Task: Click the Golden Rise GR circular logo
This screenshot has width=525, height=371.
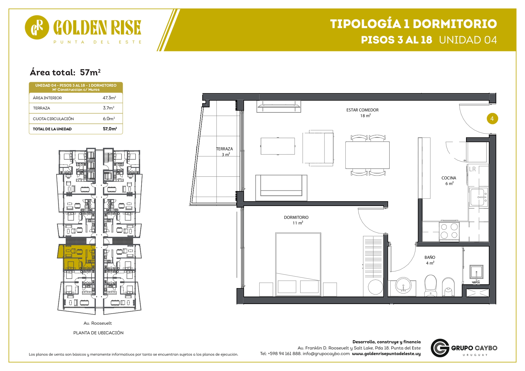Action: [x=37, y=27]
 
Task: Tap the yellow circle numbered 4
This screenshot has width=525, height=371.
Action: [x=492, y=119]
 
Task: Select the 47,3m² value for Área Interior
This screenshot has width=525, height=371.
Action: [x=109, y=98]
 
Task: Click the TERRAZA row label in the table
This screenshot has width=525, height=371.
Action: [x=42, y=108]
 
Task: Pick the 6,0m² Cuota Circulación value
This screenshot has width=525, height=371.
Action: [x=109, y=119]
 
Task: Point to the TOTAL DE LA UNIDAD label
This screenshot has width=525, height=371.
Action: [x=52, y=129]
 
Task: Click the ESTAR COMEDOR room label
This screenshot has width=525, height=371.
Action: [x=362, y=110]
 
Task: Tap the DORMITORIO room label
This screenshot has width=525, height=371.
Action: [x=296, y=217]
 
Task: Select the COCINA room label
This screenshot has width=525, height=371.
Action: [x=449, y=178]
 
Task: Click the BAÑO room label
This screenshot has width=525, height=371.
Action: [x=430, y=257]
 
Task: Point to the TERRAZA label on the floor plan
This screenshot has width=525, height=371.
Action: [x=224, y=149]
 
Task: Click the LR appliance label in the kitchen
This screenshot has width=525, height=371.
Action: [x=472, y=169]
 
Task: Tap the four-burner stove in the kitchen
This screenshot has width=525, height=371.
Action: [x=449, y=231]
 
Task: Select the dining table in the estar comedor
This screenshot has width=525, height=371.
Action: [x=368, y=155]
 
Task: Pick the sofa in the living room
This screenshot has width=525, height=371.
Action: [x=281, y=188]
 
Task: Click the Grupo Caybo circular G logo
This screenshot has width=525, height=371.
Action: [x=440, y=348]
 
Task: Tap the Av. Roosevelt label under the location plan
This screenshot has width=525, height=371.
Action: [x=98, y=323]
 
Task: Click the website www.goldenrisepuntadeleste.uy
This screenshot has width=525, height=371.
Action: [x=386, y=354]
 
